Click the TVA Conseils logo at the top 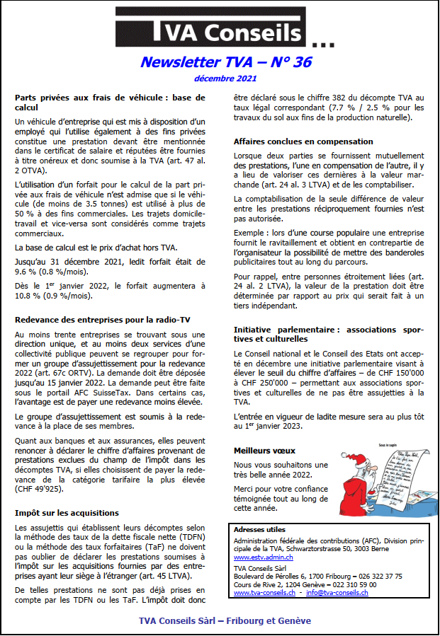pyautogui.click(x=213, y=31)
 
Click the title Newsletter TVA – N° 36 pyautogui.click(x=225, y=62)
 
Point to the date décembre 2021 pyautogui.click(x=225, y=79)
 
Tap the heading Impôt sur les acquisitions pyautogui.click(x=67, y=512)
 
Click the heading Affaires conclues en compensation pyautogui.click(x=303, y=141)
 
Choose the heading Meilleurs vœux pyautogui.click(x=264, y=450)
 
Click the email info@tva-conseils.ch pyautogui.click(x=347, y=593)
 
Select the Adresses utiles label pyautogui.click(x=259, y=529)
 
